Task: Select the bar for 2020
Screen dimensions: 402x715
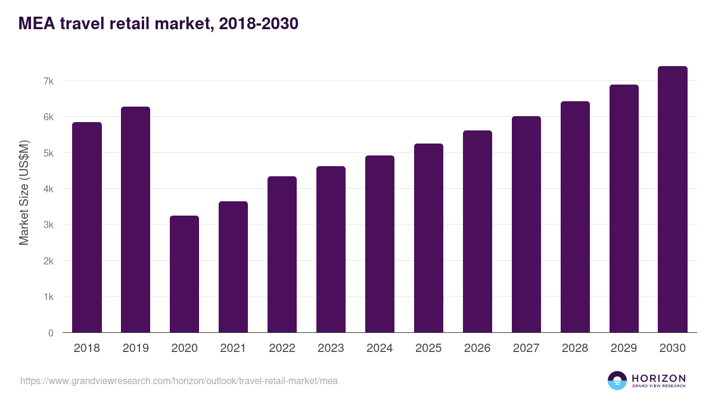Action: (x=184, y=274)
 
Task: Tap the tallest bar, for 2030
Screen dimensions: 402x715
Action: (x=673, y=200)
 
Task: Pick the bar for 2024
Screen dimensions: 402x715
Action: (x=380, y=244)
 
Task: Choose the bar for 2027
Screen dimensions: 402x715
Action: (x=526, y=225)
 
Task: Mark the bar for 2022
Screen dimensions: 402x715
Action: (x=282, y=254)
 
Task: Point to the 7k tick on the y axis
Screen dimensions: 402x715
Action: (x=49, y=81)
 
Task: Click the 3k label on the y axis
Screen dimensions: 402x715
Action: (x=49, y=225)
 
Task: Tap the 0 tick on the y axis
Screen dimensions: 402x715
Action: (x=51, y=333)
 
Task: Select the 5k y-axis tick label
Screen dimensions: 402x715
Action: (x=49, y=153)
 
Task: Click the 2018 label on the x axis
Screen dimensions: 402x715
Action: (x=86, y=348)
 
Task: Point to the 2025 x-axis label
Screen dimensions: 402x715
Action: (x=428, y=348)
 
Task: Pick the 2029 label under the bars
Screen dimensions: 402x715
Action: (x=624, y=348)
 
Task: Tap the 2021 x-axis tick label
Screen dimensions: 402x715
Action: (x=233, y=348)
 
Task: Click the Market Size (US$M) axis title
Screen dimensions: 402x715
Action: (x=24, y=193)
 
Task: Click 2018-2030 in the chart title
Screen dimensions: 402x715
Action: (x=258, y=24)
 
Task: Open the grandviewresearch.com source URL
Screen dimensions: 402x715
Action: (x=179, y=381)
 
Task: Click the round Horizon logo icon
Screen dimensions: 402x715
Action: (x=617, y=381)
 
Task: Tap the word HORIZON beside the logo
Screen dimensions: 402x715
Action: (x=658, y=378)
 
